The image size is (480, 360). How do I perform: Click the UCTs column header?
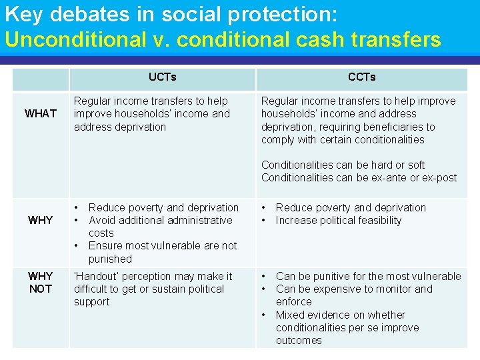click(162, 77)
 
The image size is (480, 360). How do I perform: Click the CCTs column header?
click(361, 77)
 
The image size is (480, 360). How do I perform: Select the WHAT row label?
click(41, 113)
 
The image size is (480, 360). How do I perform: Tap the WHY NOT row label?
click(41, 283)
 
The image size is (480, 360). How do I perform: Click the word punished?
click(110, 259)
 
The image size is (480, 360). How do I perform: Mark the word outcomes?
click(299, 340)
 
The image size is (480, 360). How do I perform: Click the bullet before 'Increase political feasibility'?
click(265, 220)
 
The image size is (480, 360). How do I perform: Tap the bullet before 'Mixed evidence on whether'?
click(265, 315)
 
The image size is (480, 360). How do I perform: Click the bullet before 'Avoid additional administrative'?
click(77, 220)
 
